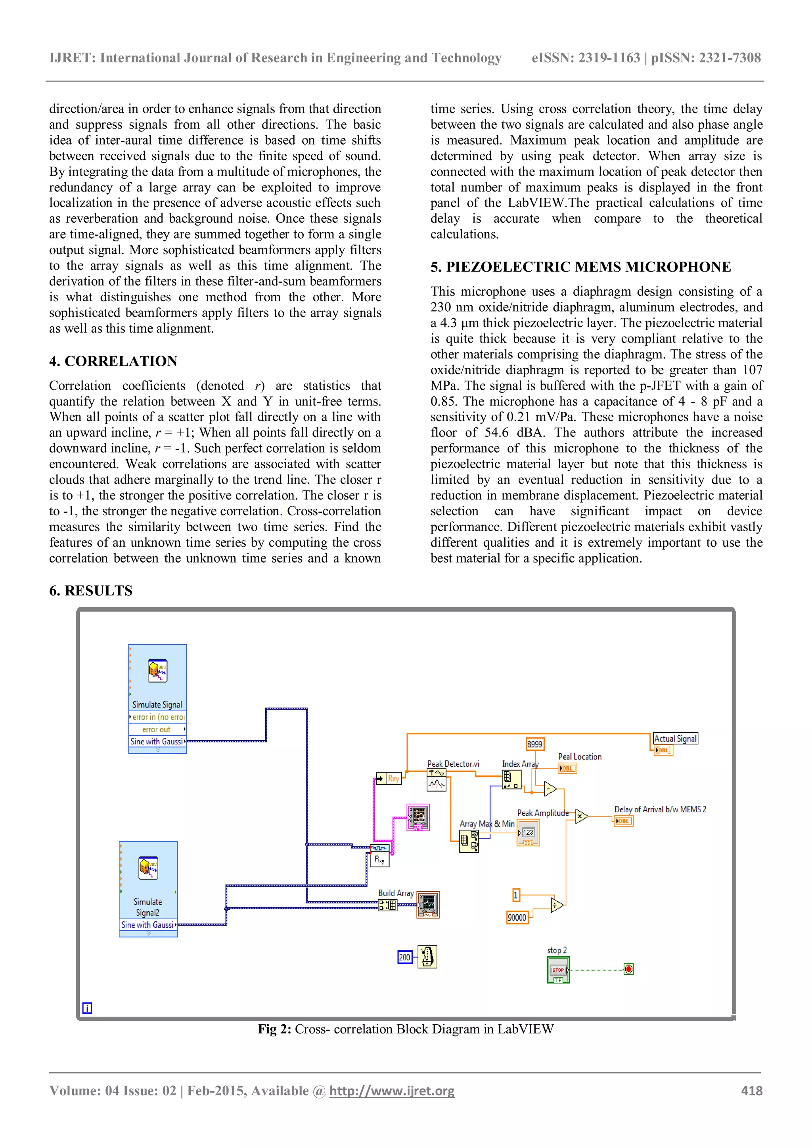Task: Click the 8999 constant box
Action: pyautogui.click(x=534, y=744)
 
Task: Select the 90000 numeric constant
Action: pyautogui.click(x=517, y=918)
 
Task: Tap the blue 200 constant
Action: pyautogui.click(x=404, y=957)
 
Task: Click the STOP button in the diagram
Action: pyautogui.click(x=558, y=970)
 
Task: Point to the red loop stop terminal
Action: pyautogui.click(x=628, y=969)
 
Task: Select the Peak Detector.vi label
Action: pyautogui.click(x=453, y=764)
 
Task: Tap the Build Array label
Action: pyautogui.click(x=396, y=893)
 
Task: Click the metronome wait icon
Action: pyautogui.click(x=427, y=957)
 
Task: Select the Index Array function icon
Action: pyautogui.click(x=511, y=779)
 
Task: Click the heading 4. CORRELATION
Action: pyautogui.click(x=113, y=361)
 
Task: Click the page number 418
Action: pyautogui.click(x=751, y=1091)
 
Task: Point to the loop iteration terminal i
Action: pyautogui.click(x=87, y=1008)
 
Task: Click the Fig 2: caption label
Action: pyautogui.click(x=274, y=1029)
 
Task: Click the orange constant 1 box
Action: pyautogui.click(x=516, y=895)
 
